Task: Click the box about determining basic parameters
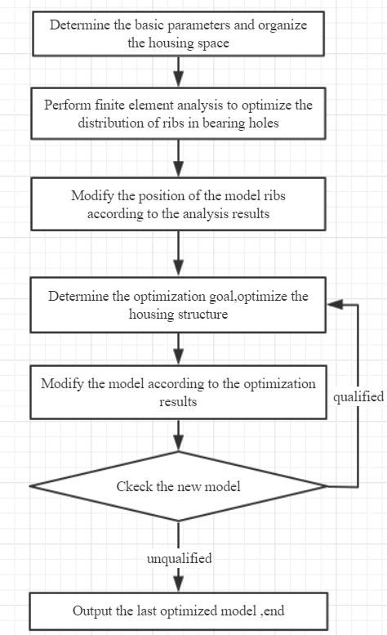point(178,34)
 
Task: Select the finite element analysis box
point(178,115)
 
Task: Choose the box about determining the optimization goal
point(178,304)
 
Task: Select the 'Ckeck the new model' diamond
point(178,487)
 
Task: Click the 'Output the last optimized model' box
point(178,610)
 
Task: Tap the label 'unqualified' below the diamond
point(179,559)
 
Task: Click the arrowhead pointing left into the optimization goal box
point(332,303)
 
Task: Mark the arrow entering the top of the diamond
point(178,437)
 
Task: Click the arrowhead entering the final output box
point(178,586)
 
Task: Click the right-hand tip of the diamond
point(326,486)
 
